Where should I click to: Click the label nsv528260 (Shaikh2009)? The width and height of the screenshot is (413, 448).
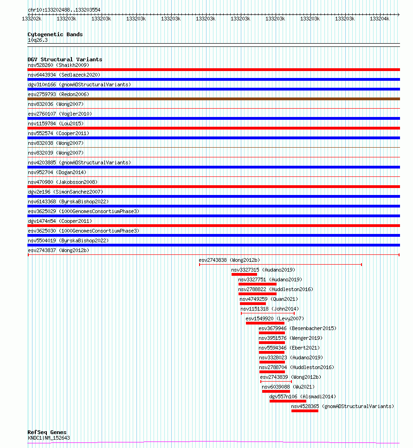click(x=58, y=65)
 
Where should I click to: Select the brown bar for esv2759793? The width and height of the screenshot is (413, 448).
click(x=213, y=99)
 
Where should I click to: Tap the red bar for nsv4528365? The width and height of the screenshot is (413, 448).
click(x=305, y=411)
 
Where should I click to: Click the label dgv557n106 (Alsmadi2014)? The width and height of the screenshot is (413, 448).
click(x=303, y=396)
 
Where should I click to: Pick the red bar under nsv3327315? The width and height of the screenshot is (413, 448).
click(x=244, y=274)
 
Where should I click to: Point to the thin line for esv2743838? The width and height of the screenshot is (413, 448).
click(x=280, y=265)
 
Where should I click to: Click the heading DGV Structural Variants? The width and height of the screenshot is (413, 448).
click(x=65, y=59)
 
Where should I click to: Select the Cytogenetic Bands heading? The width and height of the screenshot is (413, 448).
click(x=55, y=34)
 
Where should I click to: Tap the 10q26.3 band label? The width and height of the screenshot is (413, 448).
click(x=38, y=40)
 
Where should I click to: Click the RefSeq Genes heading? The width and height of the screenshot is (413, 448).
click(x=47, y=432)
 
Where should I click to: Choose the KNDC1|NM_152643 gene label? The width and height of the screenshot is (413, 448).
click(x=49, y=438)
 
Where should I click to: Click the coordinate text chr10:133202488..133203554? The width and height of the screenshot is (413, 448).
click(x=64, y=10)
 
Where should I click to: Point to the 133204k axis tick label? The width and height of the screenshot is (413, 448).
click(x=380, y=19)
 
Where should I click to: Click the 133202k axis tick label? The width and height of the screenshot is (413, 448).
click(x=32, y=19)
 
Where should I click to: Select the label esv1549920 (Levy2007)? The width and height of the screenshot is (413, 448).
click(x=275, y=318)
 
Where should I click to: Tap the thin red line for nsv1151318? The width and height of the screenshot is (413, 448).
click(x=268, y=313)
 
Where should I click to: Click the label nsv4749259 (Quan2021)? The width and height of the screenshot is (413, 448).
click(x=269, y=299)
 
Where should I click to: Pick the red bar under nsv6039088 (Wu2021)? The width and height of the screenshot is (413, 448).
click(x=276, y=391)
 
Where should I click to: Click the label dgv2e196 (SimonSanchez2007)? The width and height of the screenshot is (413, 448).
click(x=65, y=192)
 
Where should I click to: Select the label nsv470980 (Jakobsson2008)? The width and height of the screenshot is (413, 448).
click(x=63, y=182)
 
